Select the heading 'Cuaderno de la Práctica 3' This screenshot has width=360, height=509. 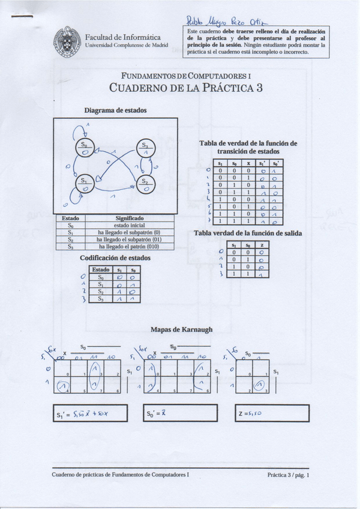pyautogui.click(x=186, y=88)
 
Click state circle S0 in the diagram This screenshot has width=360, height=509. pyautogui.click(x=85, y=148)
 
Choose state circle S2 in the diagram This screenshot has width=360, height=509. pyautogui.click(x=145, y=184)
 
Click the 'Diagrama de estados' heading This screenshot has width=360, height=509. pyautogui.click(x=115, y=110)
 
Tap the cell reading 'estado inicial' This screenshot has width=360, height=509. pyautogui.click(x=129, y=225)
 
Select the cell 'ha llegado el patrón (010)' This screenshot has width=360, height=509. pyautogui.click(x=128, y=246)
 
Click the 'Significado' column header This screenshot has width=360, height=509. pyautogui.click(x=129, y=218)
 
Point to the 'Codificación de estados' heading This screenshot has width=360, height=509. pyautogui.click(x=115, y=258)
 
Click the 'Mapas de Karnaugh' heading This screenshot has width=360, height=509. pyautogui.click(x=181, y=329)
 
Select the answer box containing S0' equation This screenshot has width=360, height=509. pyautogui.click(x=178, y=414)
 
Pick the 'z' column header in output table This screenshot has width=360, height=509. pyautogui.click(x=261, y=245)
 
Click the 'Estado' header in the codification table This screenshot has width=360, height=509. pyautogui.click(x=100, y=270)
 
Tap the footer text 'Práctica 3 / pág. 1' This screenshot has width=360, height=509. pyautogui.click(x=289, y=475)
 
